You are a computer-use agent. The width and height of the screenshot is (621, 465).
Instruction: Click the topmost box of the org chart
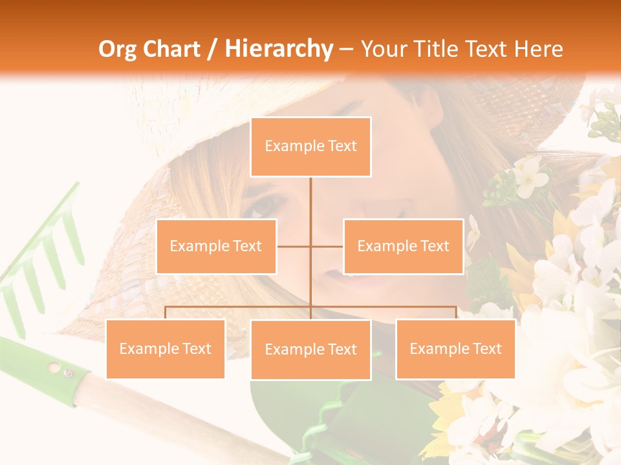tap(310, 147)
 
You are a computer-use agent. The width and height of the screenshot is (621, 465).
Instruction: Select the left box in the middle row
tap(216, 246)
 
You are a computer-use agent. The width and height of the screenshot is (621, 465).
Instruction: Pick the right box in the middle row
tap(403, 246)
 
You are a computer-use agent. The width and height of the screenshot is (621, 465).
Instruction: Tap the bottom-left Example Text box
tap(165, 349)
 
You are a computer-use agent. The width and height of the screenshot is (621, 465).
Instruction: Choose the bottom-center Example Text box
tap(310, 349)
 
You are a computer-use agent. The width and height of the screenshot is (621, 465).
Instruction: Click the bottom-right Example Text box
tap(455, 349)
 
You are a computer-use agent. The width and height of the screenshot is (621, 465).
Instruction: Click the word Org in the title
tap(117, 49)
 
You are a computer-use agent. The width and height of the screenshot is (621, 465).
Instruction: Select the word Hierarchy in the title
tap(279, 49)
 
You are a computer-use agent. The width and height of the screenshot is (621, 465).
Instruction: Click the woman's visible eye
tap(266, 206)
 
